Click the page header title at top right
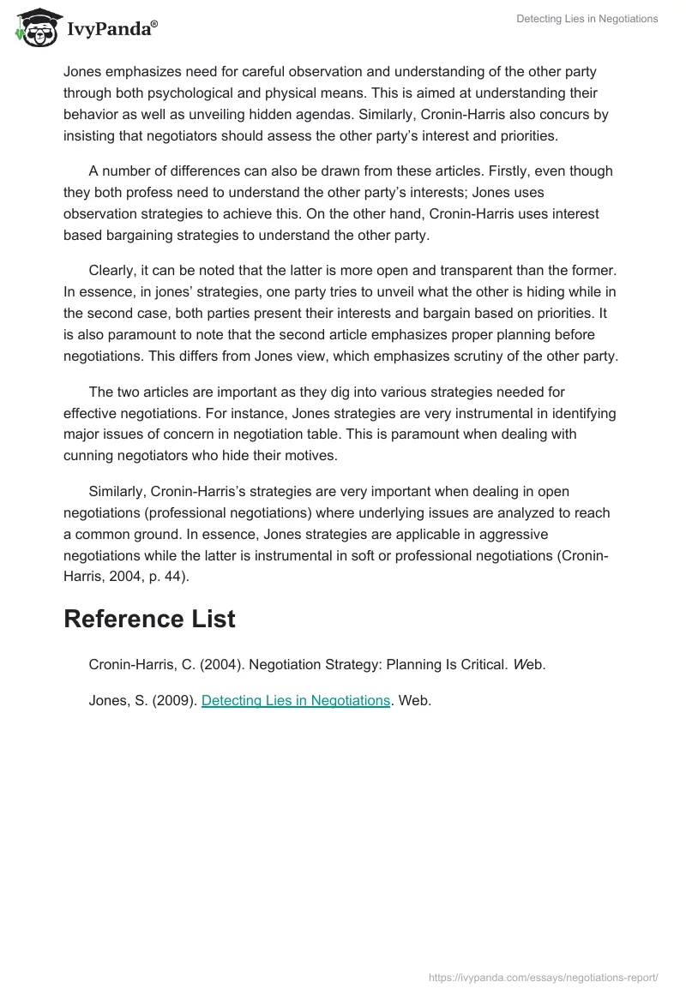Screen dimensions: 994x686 click(x=587, y=19)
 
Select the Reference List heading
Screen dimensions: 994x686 click(x=149, y=619)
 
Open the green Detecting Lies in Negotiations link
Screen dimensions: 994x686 click(x=296, y=700)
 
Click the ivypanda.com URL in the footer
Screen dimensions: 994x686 click(x=543, y=976)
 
